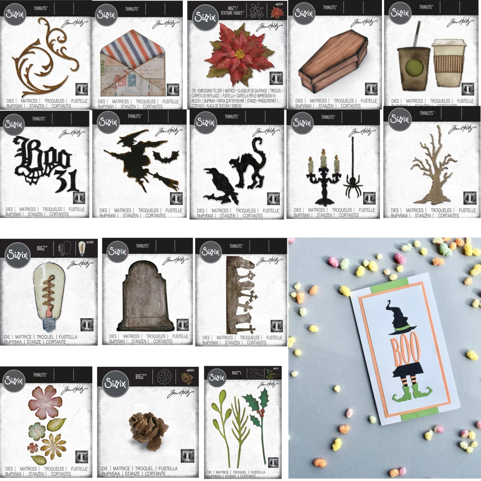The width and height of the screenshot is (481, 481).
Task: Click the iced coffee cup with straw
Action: [413, 66]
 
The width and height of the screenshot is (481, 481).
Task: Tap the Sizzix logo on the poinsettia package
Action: [205, 16]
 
